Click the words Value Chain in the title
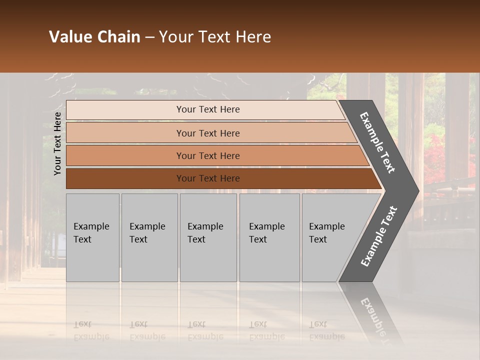pyautogui.click(x=94, y=37)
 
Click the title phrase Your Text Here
pyautogui.click(x=215, y=37)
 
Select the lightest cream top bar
pyautogui.click(x=125, y=110)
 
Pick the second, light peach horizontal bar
pyautogui.click(x=125, y=133)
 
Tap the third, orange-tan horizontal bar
pyautogui.click(x=125, y=155)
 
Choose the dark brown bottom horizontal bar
pyautogui.click(x=125, y=178)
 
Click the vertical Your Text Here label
pyautogui.click(x=57, y=143)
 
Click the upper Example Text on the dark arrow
pyautogui.click(x=377, y=142)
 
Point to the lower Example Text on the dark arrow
pyautogui.click(x=379, y=236)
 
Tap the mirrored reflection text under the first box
pyautogui.click(x=91, y=330)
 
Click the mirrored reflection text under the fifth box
pyautogui.click(x=326, y=330)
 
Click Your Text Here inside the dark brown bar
pyautogui.click(x=208, y=178)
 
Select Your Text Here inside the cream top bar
pyautogui.click(x=208, y=109)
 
